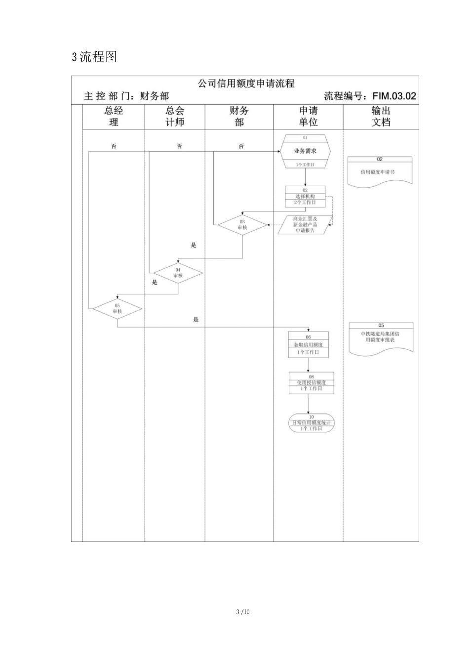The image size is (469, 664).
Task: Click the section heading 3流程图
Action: (94, 57)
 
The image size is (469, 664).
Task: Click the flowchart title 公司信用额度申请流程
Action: (246, 83)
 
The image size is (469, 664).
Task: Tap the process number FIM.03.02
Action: (394, 96)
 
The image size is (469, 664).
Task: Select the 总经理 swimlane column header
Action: (114, 117)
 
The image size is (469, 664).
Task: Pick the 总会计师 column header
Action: (174, 117)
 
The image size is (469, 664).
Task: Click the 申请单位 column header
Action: (308, 117)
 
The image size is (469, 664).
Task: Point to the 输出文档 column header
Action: (381, 117)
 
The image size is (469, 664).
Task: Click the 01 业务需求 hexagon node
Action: (305, 151)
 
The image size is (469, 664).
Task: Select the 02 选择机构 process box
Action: (305, 196)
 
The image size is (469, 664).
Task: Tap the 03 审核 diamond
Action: (242, 225)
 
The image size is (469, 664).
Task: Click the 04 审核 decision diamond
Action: (178, 273)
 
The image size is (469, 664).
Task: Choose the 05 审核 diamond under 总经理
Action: (117, 309)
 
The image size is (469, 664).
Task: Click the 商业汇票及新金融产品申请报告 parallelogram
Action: (305, 225)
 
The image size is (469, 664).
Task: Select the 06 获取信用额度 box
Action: (308, 344)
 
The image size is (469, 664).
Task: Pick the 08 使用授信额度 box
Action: (311, 383)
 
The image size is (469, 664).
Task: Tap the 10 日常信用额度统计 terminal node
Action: (311, 423)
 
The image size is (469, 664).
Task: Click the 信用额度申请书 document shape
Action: (380, 171)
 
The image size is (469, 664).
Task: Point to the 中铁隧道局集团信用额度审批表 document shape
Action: (381, 338)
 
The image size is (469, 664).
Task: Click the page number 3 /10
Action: (243, 612)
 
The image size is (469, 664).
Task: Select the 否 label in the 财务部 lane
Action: (241, 146)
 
